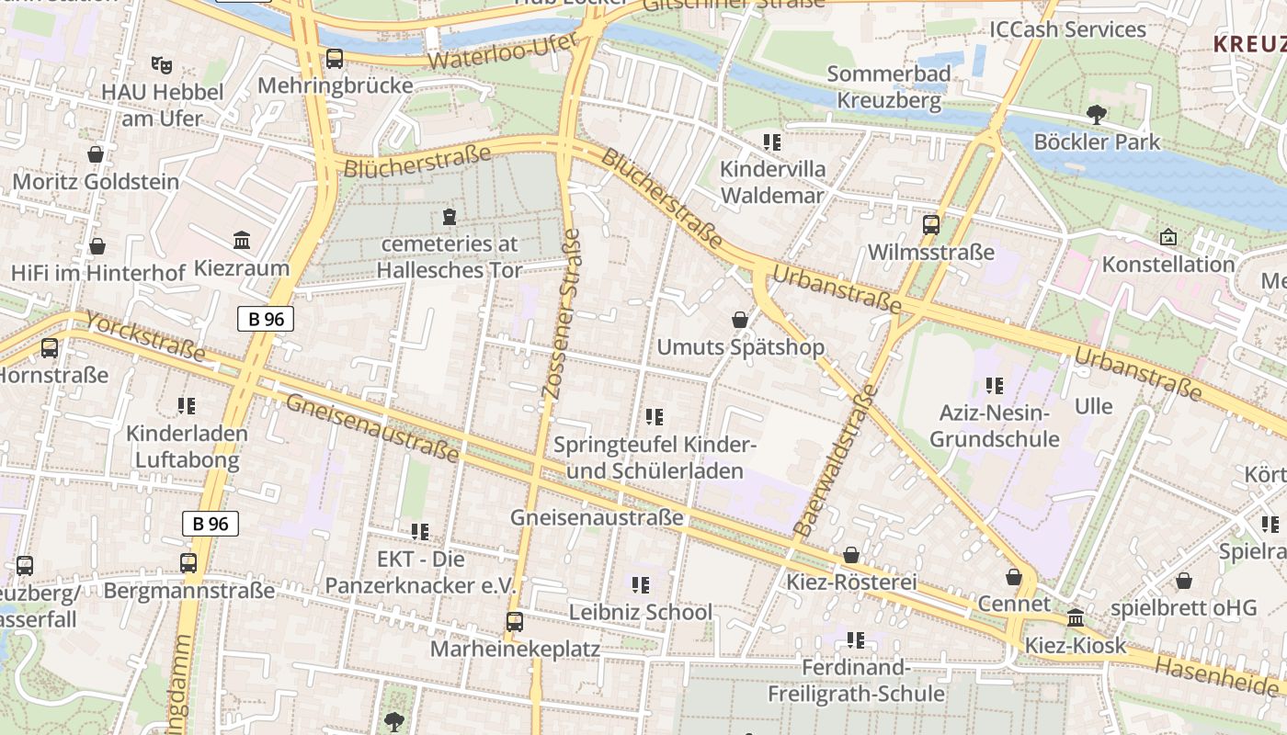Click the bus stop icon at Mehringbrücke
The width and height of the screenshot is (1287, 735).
335,59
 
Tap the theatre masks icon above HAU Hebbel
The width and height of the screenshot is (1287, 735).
162,64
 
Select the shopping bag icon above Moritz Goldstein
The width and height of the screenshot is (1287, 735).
96,154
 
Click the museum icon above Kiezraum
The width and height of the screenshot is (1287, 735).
242,241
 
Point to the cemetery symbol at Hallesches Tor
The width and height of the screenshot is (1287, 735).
449,217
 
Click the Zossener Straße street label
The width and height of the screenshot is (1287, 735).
562,312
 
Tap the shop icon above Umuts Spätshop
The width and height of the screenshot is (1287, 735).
740,320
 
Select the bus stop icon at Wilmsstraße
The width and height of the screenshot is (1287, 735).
931,224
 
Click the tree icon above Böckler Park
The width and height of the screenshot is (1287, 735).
1096,115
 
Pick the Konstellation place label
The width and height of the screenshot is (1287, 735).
1168,265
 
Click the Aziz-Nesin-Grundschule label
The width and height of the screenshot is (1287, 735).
995,425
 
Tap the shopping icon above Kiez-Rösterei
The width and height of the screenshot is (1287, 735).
851,555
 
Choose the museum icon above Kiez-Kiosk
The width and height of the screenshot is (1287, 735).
1076,617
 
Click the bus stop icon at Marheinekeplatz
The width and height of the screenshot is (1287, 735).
515,622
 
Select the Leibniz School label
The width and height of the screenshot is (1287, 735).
641,612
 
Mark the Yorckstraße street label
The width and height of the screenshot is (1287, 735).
146,336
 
